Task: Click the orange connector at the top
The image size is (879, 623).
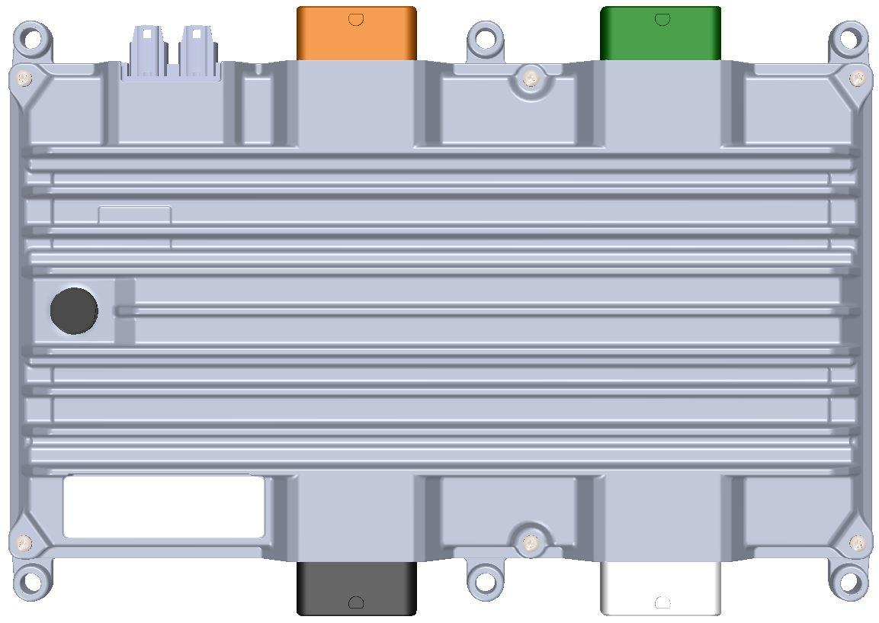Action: (x=356, y=34)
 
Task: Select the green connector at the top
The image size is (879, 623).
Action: (x=660, y=34)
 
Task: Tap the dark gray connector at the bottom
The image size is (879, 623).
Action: (x=356, y=588)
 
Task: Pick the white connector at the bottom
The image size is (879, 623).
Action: (x=660, y=588)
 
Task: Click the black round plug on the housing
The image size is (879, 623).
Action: (x=74, y=311)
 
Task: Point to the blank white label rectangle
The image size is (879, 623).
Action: (x=164, y=507)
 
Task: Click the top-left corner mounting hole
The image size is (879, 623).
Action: (x=32, y=37)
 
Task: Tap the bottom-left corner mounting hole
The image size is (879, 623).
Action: (x=31, y=582)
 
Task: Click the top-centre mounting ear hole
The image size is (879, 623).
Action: (x=484, y=37)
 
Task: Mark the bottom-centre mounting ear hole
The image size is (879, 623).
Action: (x=484, y=580)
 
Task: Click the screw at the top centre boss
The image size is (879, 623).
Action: (x=531, y=78)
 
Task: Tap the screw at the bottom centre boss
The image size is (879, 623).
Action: (x=531, y=542)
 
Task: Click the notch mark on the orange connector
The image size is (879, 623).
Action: (x=356, y=19)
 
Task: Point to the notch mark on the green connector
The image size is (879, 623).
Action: (x=662, y=19)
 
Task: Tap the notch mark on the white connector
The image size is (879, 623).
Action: (x=662, y=602)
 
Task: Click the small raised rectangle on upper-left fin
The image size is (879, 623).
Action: (x=134, y=215)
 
